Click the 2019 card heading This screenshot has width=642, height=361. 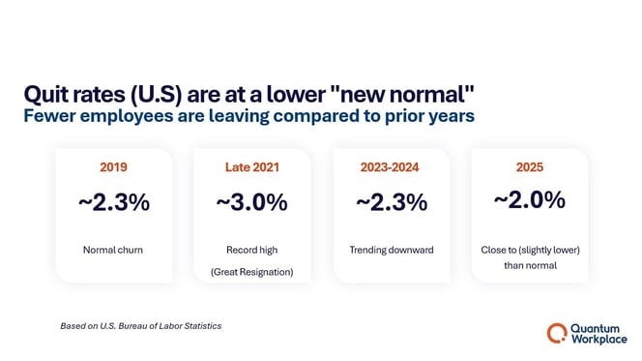pyautogui.click(x=113, y=166)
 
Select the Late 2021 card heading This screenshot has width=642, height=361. pyautogui.click(x=251, y=166)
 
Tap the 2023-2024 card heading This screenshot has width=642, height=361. pyautogui.click(x=391, y=166)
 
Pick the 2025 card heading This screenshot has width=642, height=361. pyautogui.click(x=529, y=166)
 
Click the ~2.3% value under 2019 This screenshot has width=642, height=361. pyautogui.click(x=113, y=203)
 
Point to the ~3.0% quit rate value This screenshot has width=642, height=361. pyautogui.click(x=251, y=203)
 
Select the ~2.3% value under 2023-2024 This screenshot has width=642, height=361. pyautogui.click(x=391, y=203)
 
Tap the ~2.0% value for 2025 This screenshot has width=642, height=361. pyautogui.click(x=529, y=200)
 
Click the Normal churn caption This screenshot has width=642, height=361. pyautogui.click(x=113, y=250)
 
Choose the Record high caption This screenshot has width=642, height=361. pyautogui.click(x=251, y=250)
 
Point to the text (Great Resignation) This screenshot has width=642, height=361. pyautogui.click(x=251, y=272)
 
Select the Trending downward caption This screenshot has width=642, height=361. pyautogui.click(x=391, y=250)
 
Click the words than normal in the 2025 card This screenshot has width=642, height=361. pyautogui.click(x=529, y=265)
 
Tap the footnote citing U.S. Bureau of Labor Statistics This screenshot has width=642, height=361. pyautogui.click(x=140, y=326)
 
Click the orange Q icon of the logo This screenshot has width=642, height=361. pyautogui.click(x=557, y=333)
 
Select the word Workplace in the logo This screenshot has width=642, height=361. pyautogui.click(x=599, y=340)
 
